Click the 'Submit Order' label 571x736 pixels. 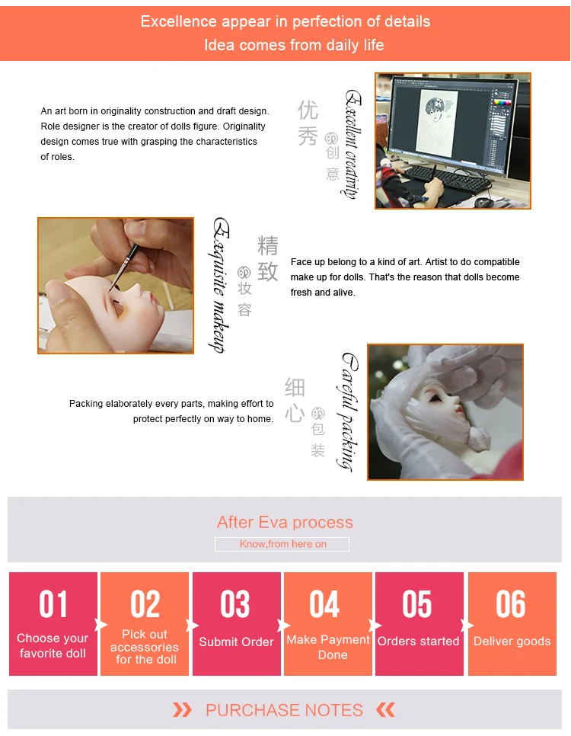click(236, 642)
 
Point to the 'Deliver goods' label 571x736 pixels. click(512, 642)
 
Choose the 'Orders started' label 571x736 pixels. click(418, 642)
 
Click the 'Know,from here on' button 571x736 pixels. click(282, 544)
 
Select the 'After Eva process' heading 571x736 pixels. click(285, 523)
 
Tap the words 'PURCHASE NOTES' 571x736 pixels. click(284, 710)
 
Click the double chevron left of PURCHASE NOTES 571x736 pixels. click(182, 710)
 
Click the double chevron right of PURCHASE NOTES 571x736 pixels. click(386, 710)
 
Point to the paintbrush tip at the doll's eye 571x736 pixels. click(111, 288)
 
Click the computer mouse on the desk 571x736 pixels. click(483, 203)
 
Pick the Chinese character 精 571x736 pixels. click(268, 245)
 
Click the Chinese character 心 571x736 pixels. click(295, 414)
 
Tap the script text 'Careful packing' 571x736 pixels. click(348, 411)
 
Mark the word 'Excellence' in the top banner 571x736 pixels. click(179, 21)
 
